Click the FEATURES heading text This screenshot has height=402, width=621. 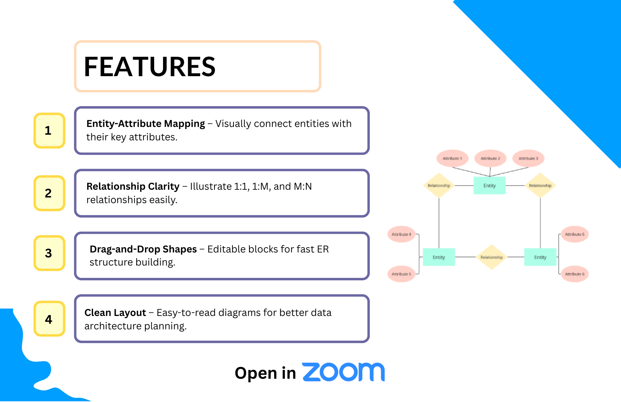(x=150, y=67)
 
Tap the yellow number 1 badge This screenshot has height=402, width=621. (x=49, y=130)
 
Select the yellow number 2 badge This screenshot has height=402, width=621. (x=49, y=193)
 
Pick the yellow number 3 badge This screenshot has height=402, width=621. (x=49, y=253)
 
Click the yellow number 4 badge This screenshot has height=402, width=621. (x=49, y=319)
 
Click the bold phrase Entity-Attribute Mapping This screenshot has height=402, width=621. (x=145, y=124)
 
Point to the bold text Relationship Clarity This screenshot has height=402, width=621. (x=133, y=186)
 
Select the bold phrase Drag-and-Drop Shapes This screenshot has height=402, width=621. (x=143, y=249)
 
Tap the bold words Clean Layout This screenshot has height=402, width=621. (x=115, y=313)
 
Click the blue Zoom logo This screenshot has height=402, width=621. (x=343, y=372)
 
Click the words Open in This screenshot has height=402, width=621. (x=265, y=373)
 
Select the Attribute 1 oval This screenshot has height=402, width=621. (x=452, y=159)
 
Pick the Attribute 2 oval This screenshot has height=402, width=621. (x=490, y=159)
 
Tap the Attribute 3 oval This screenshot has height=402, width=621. (x=528, y=159)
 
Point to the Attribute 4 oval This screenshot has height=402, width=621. (x=401, y=234)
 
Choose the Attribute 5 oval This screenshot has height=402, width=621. (x=401, y=274)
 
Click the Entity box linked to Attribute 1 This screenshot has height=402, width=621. (x=489, y=186)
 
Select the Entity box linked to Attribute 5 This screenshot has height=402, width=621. (x=439, y=257)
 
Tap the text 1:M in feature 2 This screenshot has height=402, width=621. (x=260, y=187)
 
